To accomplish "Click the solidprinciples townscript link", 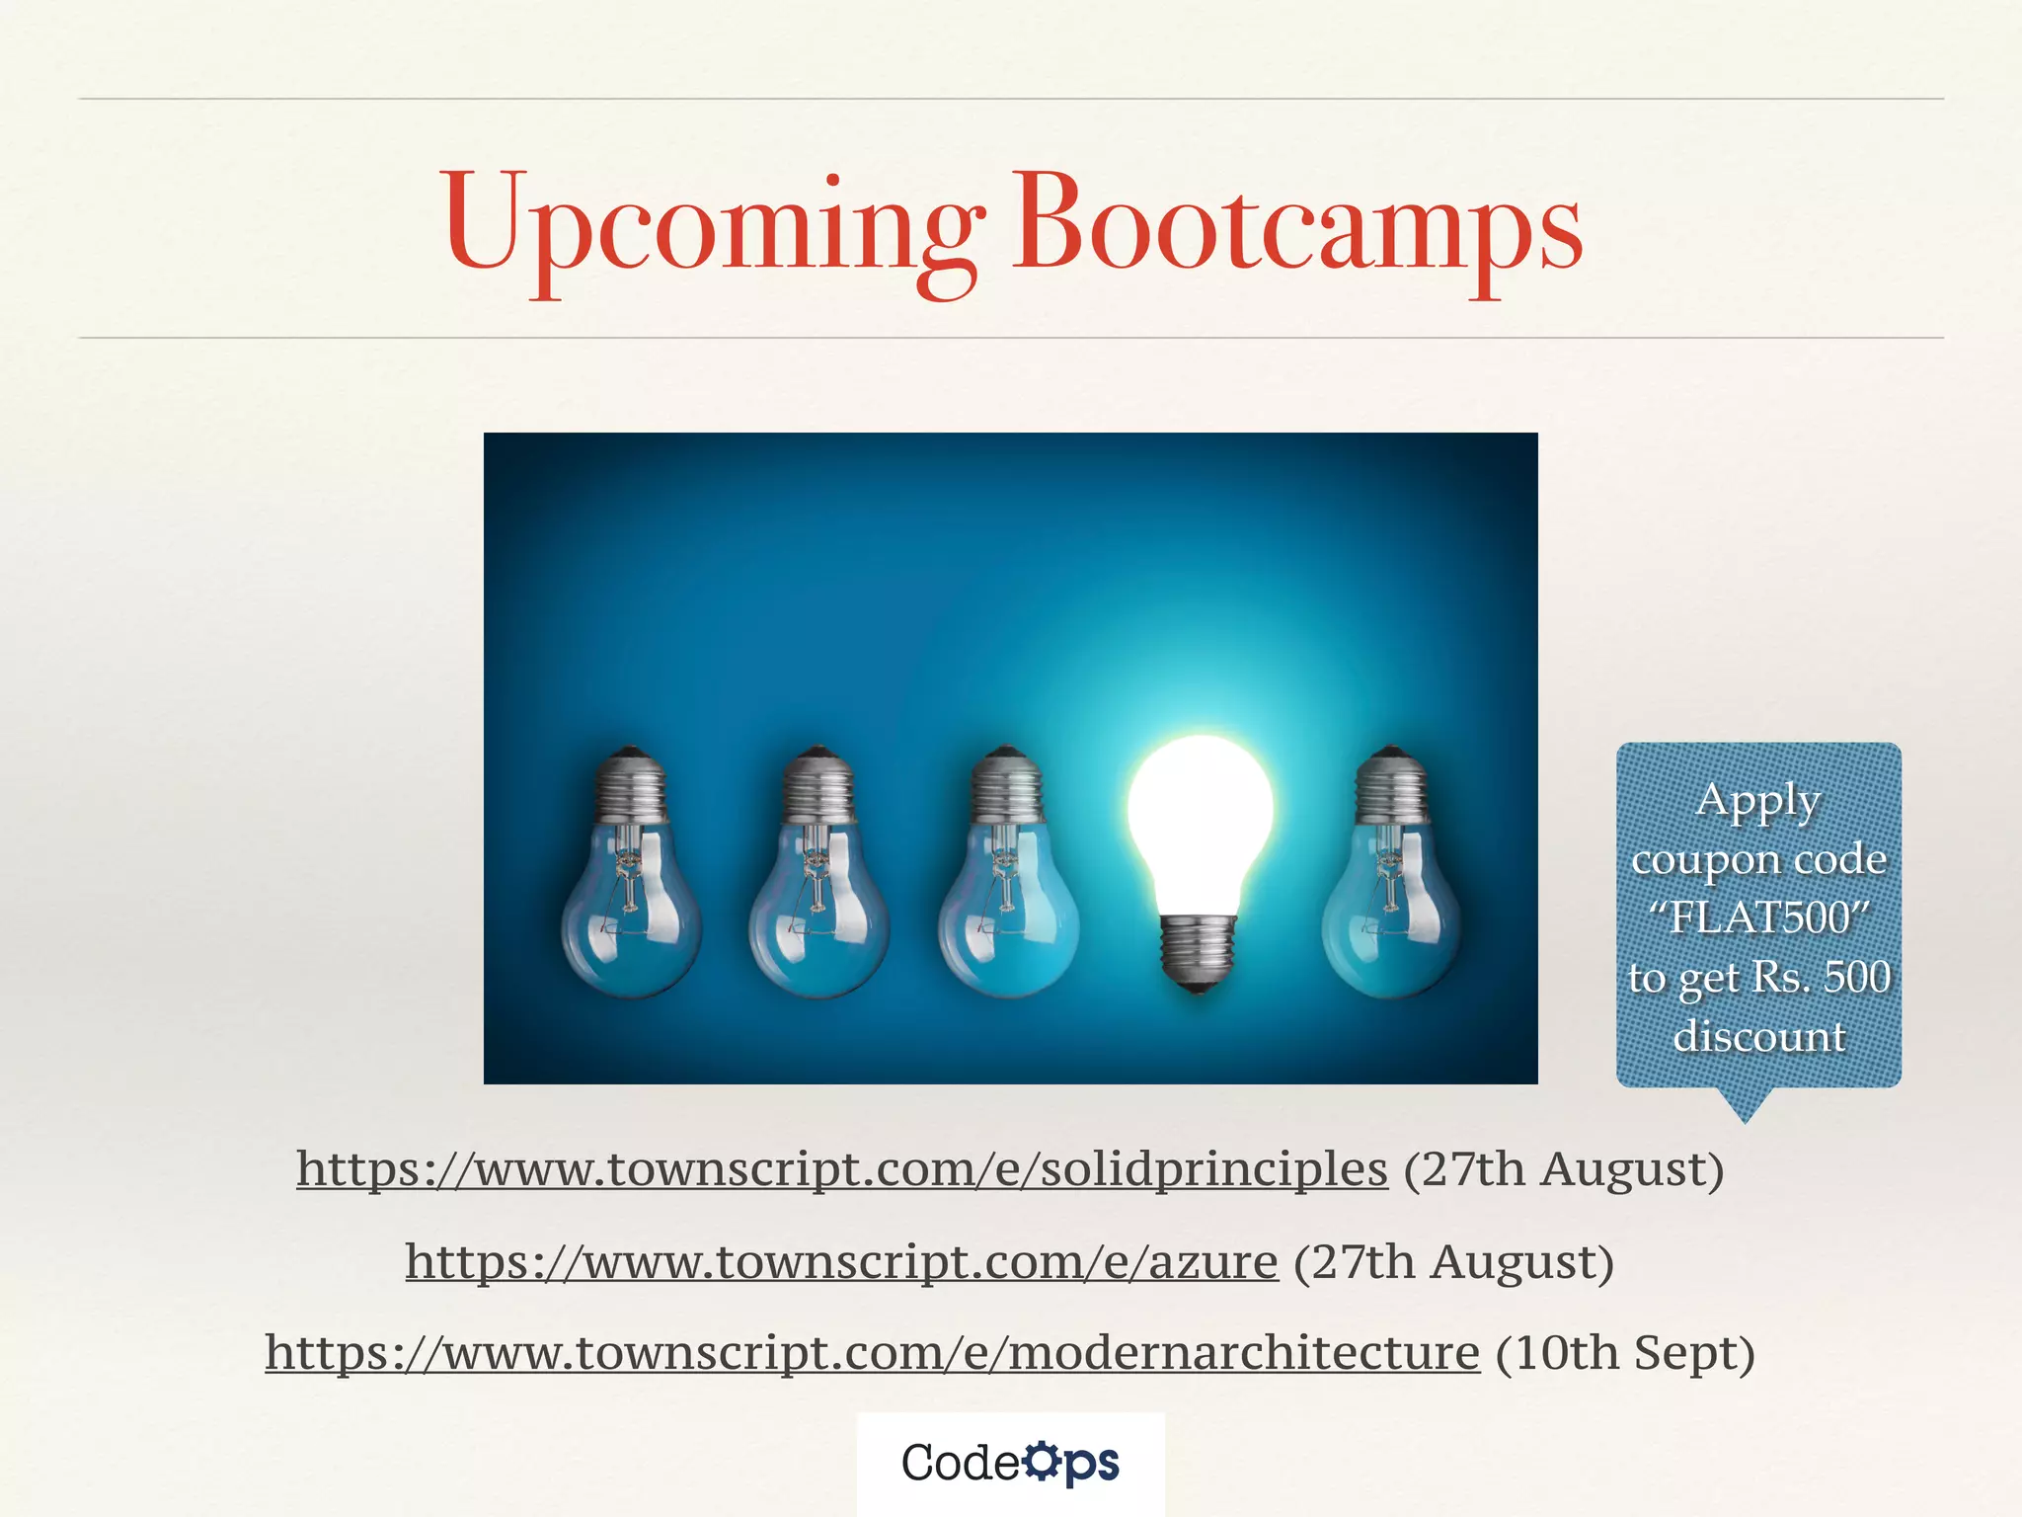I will [x=841, y=1169].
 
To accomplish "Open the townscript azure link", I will [x=841, y=1262].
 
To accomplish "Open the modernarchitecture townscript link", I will [x=872, y=1353].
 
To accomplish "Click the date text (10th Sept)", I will [x=1625, y=1353].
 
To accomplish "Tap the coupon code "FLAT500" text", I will [x=1759, y=918].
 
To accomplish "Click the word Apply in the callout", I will [x=1757, y=802].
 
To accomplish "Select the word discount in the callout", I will [x=1759, y=1036].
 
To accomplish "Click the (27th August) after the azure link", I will [x=1453, y=1262].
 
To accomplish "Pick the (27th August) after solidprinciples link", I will [x=1564, y=1169].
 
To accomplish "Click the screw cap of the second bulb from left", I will [x=817, y=785].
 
